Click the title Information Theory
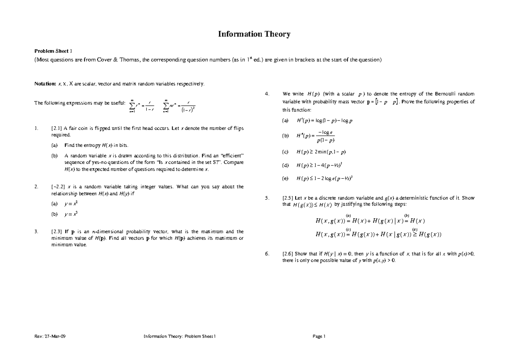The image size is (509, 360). [x=254, y=34]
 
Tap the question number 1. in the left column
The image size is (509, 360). [x=38, y=128]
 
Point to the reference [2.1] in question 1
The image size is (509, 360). [x=56, y=128]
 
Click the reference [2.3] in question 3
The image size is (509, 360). [x=56, y=232]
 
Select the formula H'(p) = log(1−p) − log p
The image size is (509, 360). [x=324, y=121]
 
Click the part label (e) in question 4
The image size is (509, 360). [x=285, y=179]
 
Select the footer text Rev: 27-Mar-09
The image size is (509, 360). [x=50, y=337]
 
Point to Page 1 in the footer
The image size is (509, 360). [x=319, y=337]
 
